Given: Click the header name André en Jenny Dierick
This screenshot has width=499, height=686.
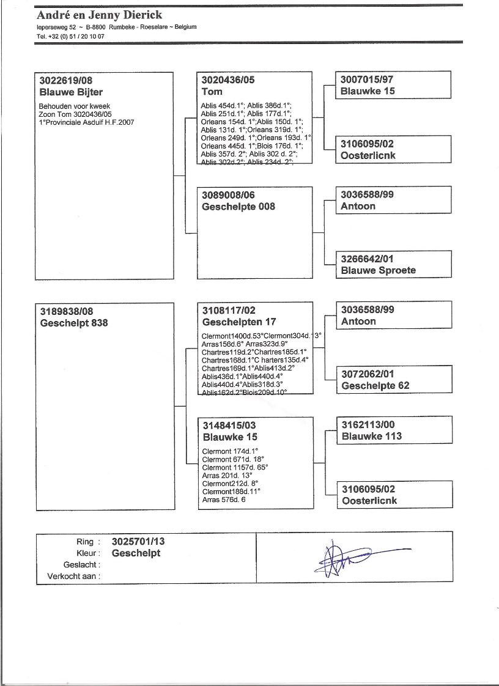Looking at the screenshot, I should click(x=99, y=15).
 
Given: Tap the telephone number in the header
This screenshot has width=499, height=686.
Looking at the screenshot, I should click(x=70, y=36).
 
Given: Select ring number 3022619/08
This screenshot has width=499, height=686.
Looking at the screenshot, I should click(x=65, y=80).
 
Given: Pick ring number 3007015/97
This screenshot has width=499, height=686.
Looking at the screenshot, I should click(x=368, y=79).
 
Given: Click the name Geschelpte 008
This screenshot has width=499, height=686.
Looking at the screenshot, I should click(x=238, y=207).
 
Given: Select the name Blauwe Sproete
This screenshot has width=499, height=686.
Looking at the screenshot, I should click(x=378, y=270).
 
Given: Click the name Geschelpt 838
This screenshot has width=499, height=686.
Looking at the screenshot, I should click(x=73, y=322).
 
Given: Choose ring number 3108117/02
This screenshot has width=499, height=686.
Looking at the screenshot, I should click(x=229, y=310).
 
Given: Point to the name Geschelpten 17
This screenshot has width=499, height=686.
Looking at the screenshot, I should click(x=239, y=322).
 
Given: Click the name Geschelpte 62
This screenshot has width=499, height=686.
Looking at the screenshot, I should click(x=375, y=385).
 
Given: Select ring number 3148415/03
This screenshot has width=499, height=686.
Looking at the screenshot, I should click(x=229, y=426).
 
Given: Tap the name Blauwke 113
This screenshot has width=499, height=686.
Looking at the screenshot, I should click(x=372, y=436).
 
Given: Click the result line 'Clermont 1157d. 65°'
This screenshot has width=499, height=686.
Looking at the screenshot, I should click(x=235, y=467).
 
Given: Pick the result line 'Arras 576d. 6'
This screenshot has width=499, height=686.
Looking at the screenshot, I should click(x=224, y=500).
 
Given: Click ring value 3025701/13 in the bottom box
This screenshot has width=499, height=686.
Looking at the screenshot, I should click(x=138, y=542).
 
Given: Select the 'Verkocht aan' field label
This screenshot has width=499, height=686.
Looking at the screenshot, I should click(x=73, y=576).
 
